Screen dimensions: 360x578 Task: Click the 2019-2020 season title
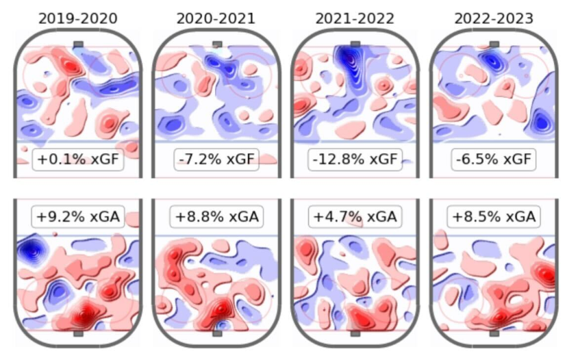pos(77,18)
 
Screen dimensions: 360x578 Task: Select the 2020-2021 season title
pos(216,18)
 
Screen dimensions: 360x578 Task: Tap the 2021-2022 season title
pos(355,18)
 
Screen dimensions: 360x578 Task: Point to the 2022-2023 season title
pos(494,18)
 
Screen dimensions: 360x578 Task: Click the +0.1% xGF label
pos(77,161)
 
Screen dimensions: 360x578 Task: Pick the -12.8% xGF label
pos(355,161)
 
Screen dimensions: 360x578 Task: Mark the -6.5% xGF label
pos(494,161)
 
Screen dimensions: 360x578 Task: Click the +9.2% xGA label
pos(77,217)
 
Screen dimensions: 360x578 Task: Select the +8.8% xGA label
pos(216,217)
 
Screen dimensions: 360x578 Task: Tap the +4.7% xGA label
pos(355,217)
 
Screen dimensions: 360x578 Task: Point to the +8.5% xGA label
pos(494,217)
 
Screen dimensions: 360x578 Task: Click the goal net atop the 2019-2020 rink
pos(78,44)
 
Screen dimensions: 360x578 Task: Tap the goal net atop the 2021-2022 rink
pos(355,44)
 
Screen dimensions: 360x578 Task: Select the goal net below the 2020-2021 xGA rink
pos(217,334)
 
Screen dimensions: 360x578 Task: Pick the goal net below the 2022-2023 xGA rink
pos(494,334)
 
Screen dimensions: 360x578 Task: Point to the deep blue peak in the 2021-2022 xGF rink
pos(353,62)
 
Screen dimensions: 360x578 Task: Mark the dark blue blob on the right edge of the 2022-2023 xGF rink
pos(542,123)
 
